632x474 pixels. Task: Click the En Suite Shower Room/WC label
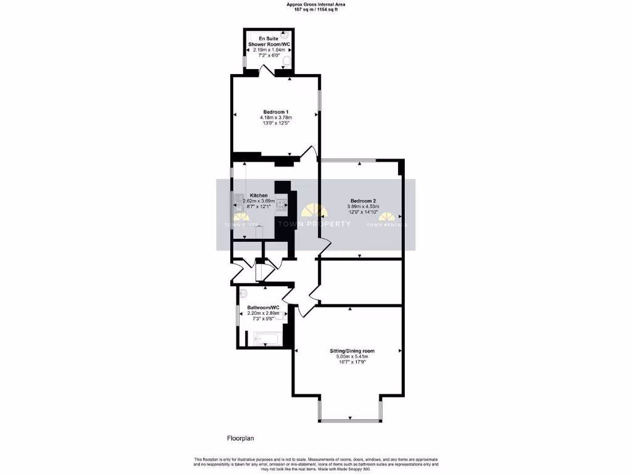tap(268, 41)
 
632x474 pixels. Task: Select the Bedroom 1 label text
tap(275, 112)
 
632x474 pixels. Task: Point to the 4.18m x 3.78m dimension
tap(275, 117)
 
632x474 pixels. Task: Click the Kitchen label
tap(259, 195)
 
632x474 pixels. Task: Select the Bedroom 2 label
tap(362, 201)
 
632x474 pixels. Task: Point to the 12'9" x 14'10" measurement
tap(362, 212)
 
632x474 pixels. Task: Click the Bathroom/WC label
tap(264, 307)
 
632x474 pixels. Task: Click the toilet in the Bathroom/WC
tap(243, 293)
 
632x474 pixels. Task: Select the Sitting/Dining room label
tap(352, 351)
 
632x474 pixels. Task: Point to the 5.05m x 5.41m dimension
tap(352, 356)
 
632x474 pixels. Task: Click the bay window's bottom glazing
tap(351, 422)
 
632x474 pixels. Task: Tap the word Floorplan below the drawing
tap(241, 438)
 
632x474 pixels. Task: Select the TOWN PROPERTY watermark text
tap(314, 224)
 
